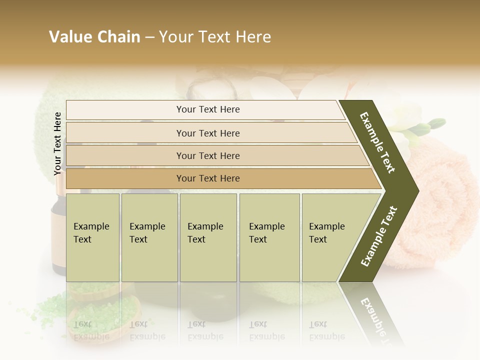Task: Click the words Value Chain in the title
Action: (x=94, y=37)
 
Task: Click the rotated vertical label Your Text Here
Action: (x=58, y=143)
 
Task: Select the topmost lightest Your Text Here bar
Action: (x=207, y=109)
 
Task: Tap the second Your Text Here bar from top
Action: (x=207, y=133)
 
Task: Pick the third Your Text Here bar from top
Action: (x=207, y=155)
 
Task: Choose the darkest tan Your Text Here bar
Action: (x=207, y=178)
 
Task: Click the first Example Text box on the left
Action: (x=92, y=237)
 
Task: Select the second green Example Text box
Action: (x=149, y=237)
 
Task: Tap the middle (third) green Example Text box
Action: (x=208, y=237)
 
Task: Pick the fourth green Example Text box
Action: (x=269, y=237)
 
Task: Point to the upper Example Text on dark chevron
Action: (x=378, y=142)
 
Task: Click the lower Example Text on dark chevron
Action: (x=379, y=236)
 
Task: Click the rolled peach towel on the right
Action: (x=440, y=200)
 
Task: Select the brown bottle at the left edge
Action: (x=58, y=235)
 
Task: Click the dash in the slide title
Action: (x=149, y=37)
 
